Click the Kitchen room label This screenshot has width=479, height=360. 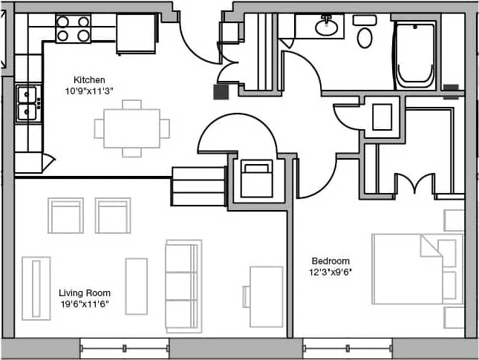tap(88, 79)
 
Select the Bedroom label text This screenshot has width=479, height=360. tap(330, 261)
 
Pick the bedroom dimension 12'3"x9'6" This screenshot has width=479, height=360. tap(330, 272)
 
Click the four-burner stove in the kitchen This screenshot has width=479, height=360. tap(74, 28)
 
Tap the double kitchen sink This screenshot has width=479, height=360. tap(27, 103)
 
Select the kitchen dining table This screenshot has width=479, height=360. tap(131, 128)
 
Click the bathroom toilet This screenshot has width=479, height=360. tap(364, 32)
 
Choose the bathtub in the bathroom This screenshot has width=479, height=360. tap(415, 55)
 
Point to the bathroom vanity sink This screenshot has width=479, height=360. tap(325, 27)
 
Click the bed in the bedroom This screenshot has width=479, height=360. tap(408, 269)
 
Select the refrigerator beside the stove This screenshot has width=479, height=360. tap(137, 33)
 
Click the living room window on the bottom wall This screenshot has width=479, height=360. tap(124, 347)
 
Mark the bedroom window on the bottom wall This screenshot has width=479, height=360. tap(347, 347)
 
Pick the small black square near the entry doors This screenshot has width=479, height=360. tap(221, 92)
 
